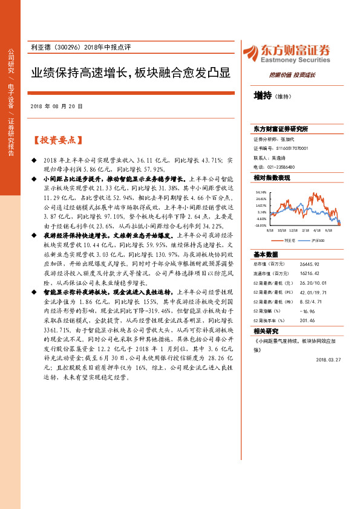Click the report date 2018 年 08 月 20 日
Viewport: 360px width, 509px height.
56,106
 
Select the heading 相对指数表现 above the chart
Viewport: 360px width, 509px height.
272,178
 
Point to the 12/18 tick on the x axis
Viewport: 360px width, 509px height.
293,230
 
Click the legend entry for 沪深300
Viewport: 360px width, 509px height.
319,240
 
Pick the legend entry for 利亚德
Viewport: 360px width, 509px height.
288,240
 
